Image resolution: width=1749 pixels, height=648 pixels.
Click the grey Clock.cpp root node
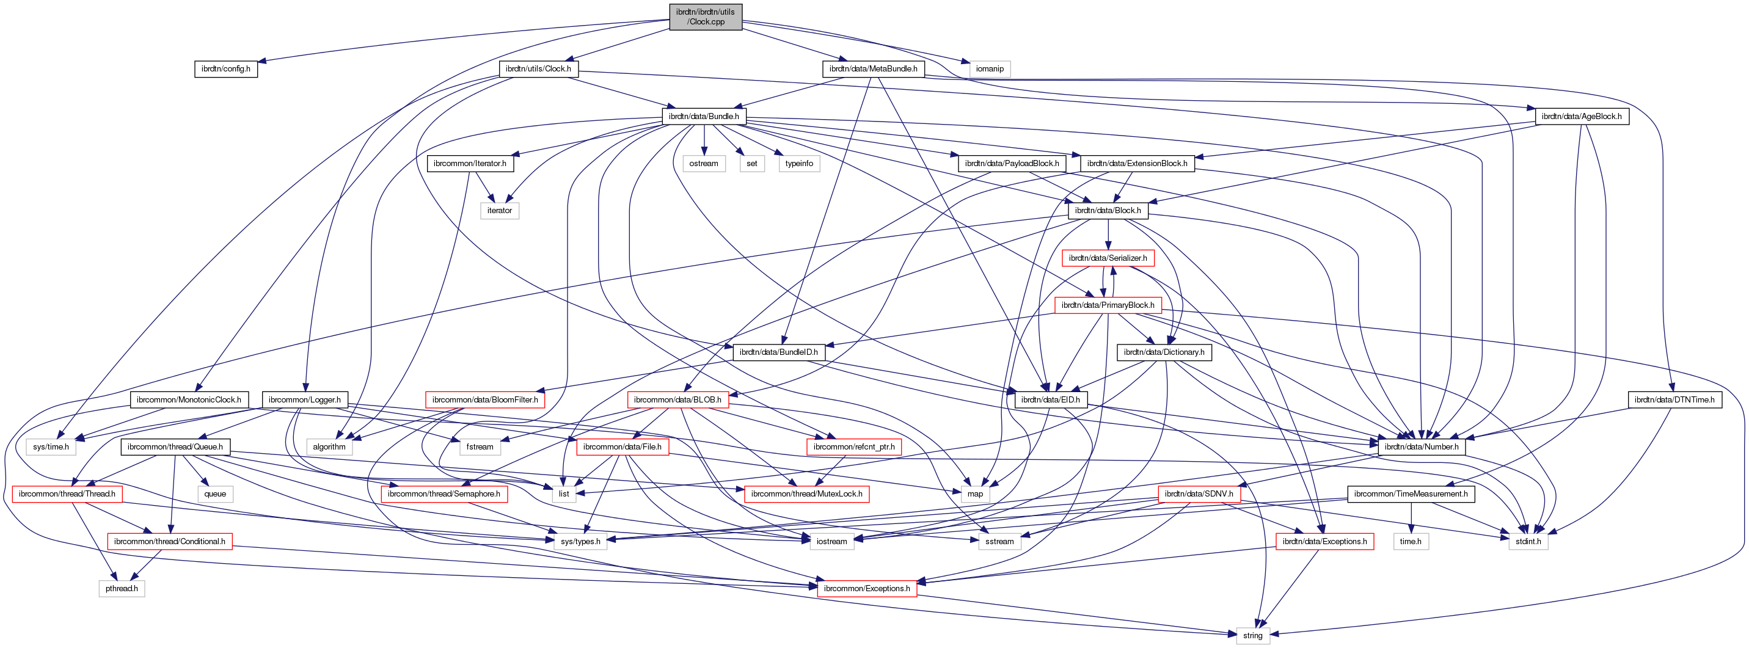coord(706,17)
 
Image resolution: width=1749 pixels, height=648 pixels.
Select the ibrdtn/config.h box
coord(225,68)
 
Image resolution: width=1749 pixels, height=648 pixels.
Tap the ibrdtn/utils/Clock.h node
coord(538,68)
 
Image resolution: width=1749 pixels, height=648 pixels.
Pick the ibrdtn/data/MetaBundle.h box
coord(873,68)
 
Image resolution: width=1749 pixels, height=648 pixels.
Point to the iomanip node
coord(989,68)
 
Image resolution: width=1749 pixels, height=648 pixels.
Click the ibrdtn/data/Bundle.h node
coord(703,116)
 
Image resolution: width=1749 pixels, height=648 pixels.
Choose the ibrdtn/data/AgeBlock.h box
coord(1581,116)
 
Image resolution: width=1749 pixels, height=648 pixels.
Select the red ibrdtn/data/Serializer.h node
coord(1108,258)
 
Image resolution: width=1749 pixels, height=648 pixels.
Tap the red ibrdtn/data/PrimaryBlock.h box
coord(1108,305)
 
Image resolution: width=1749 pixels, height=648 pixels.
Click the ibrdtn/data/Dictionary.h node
coord(1164,352)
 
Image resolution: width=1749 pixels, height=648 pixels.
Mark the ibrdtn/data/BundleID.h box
coord(779,352)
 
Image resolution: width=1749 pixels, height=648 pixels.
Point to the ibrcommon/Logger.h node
coord(305,399)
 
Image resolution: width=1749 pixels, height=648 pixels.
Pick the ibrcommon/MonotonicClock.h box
coord(189,399)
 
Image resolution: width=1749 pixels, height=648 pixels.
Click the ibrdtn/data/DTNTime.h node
coord(1674,399)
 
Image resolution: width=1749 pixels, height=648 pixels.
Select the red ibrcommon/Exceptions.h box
coord(867,588)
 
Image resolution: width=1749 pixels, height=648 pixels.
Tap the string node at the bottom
coord(1253,636)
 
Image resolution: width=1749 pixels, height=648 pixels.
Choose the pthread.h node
coord(122,588)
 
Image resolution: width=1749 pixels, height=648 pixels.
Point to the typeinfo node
coord(799,164)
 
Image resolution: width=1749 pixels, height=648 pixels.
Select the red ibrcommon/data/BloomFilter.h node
coord(485,399)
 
